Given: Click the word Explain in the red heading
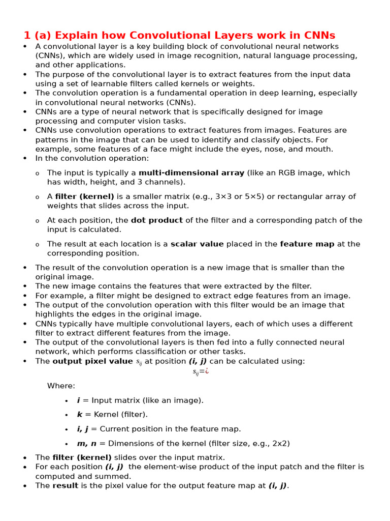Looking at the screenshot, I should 73,36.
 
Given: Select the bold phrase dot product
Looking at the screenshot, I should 157,220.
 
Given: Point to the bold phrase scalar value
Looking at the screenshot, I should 197,244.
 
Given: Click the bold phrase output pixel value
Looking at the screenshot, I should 92,361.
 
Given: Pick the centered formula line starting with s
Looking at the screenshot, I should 201,372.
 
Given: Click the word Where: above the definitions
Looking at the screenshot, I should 61,386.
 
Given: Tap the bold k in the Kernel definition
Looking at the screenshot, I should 79,415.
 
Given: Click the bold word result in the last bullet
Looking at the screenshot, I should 65,486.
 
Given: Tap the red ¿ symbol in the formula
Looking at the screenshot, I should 207,371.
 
